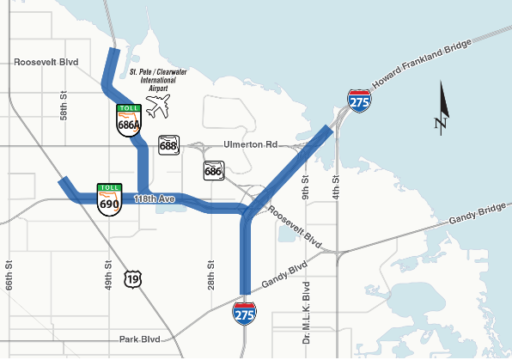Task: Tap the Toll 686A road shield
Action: (129, 120)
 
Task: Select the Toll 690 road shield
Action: (109, 200)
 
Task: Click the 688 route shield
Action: (168, 145)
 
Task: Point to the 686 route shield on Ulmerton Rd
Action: (213, 170)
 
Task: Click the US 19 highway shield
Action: (131, 278)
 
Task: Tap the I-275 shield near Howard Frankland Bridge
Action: (359, 101)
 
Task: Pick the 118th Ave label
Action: (155, 199)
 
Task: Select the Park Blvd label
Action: (142, 339)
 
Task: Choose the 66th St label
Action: (9, 276)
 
